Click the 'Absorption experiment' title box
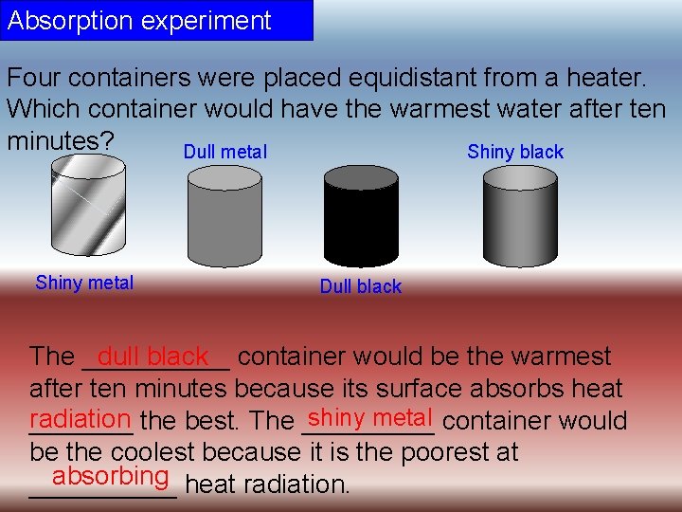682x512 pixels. [x=156, y=20]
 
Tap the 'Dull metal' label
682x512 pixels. [x=225, y=152]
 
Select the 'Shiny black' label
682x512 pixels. [x=515, y=152]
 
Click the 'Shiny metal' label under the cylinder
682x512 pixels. [x=84, y=283]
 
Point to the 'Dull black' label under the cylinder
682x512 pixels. [x=361, y=286]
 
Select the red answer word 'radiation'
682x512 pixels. [x=80, y=418]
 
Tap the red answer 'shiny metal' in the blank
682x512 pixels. [x=370, y=417]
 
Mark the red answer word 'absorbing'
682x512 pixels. [x=111, y=475]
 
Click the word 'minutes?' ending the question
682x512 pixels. [x=61, y=140]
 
